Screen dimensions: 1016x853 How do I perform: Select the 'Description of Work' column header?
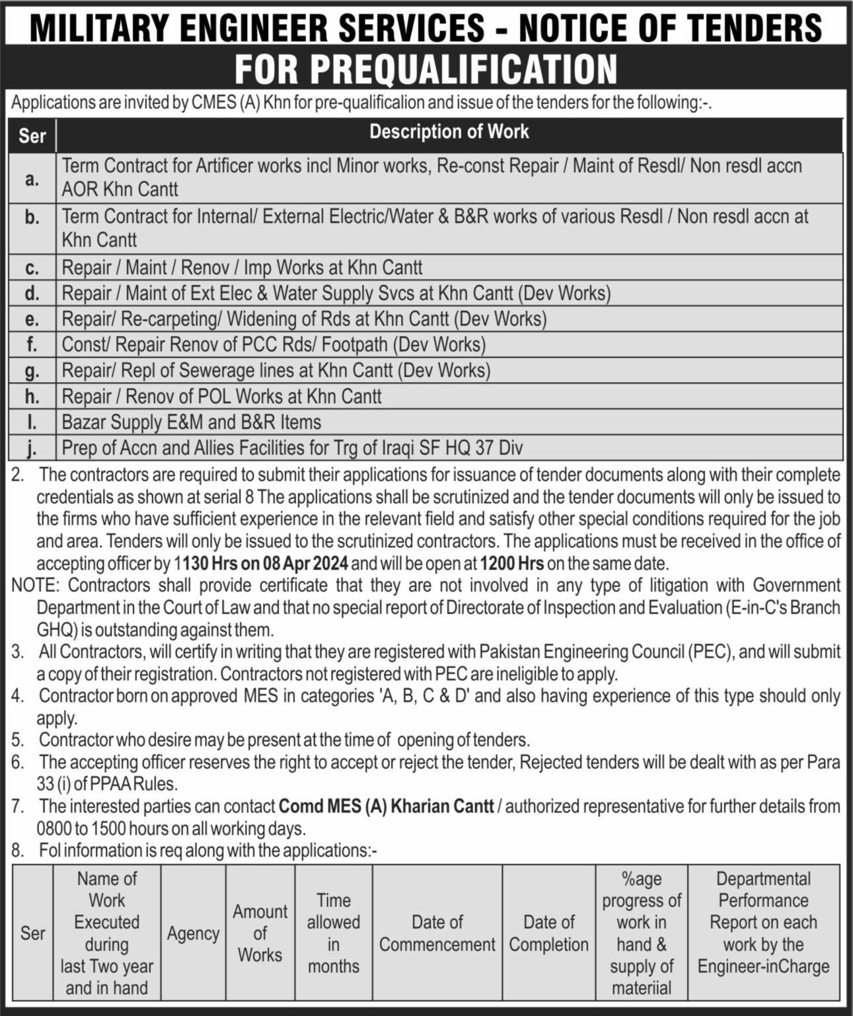tap(449, 132)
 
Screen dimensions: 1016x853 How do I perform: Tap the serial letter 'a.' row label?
tap(32, 178)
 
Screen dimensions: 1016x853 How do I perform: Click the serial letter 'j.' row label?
tap(32, 448)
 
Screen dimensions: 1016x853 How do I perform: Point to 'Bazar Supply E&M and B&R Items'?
tap(191, 422)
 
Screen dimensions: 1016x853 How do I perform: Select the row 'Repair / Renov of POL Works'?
tap(221, 396)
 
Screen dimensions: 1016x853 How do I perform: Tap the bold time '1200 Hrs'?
tap(511, 564)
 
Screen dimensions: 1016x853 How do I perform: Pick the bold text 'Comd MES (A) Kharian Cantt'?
tap(386, 806)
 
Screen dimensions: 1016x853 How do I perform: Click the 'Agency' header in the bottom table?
tap(193, 933)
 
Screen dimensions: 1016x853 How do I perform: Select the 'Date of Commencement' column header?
tap(437, 933)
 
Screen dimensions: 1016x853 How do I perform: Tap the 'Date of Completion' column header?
tap(548, 933)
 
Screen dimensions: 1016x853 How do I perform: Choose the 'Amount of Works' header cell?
tap(260, 933)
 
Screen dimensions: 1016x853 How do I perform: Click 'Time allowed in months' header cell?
tap(334, 933)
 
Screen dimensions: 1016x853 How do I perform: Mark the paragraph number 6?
tap(17, 762)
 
